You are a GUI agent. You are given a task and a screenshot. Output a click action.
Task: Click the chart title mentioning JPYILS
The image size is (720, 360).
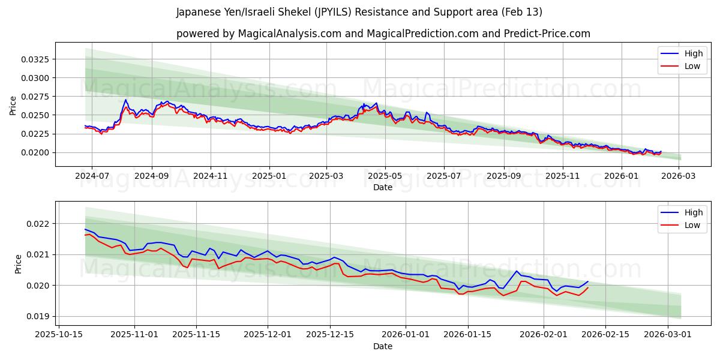[359, 12]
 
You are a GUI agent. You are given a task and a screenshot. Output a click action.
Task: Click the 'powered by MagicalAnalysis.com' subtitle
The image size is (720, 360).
[383, 34]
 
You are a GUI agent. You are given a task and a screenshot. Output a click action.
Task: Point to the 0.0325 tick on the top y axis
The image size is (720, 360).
[37, 59]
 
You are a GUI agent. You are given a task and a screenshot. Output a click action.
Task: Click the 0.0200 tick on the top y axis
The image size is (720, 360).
[37, 152]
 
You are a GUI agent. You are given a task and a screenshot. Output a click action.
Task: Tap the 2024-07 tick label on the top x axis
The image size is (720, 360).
[92, 176]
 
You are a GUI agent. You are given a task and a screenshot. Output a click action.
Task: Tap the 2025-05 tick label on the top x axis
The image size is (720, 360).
[385, 176]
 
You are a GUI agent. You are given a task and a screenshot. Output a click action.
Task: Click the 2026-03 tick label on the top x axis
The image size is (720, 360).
[678, 176]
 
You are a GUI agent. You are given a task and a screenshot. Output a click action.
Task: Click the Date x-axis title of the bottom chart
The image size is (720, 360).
[383, 346]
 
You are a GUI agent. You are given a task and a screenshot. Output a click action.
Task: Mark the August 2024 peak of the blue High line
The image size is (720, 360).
[126, 100]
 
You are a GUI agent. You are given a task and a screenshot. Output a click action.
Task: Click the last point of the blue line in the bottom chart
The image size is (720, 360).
[588, 281]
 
